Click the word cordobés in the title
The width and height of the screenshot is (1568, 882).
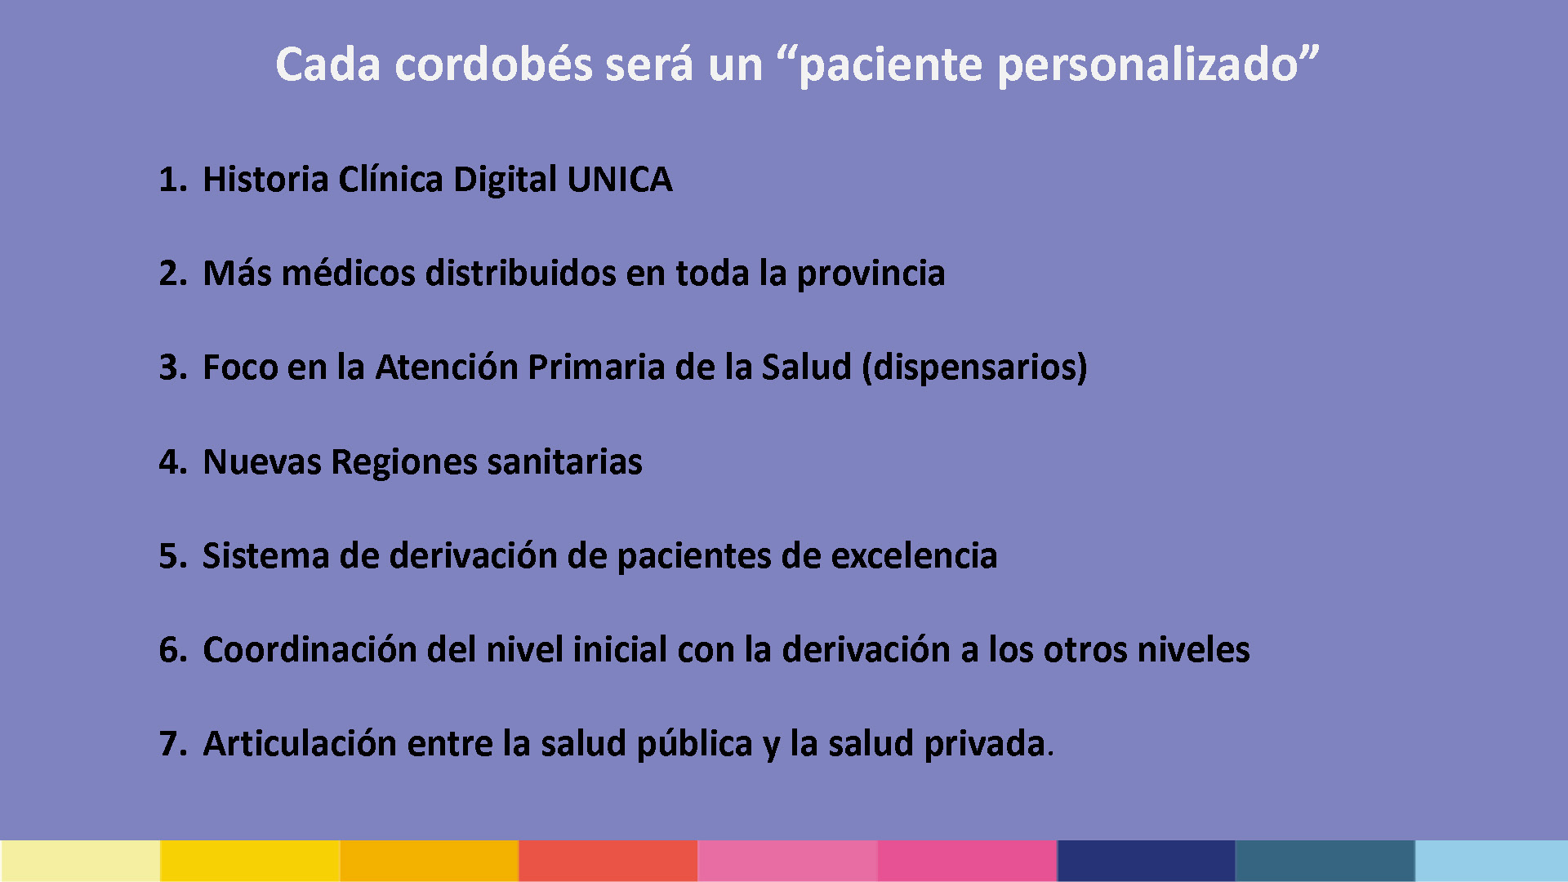tap(493, 64)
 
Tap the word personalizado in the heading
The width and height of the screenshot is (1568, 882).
tap(1148, 65)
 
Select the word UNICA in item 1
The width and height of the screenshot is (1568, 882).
tap(620, 179)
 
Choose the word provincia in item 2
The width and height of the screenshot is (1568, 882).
tap(871, 274)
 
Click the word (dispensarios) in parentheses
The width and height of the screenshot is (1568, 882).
tap(975, 367)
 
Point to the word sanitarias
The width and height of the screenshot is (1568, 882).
tap(564, 461)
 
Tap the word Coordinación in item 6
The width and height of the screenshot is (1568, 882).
tap(310, 649)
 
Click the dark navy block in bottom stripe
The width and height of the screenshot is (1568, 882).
tap(1146, 861)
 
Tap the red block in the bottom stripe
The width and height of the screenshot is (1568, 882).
tap(608, 861)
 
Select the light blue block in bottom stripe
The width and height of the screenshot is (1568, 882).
tap(1491, 861)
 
